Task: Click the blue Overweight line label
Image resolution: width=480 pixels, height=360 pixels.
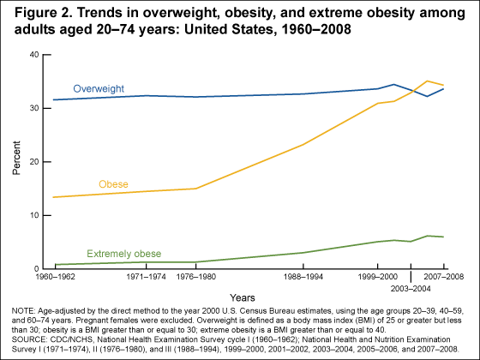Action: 99,89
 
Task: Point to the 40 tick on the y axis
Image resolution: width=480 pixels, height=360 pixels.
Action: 34,55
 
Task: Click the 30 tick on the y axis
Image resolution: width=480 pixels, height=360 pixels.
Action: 34,109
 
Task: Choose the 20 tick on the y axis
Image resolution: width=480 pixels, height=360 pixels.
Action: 34,162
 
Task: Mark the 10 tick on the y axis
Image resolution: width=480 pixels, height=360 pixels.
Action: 34,216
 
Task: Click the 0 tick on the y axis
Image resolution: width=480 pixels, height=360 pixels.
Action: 37,269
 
